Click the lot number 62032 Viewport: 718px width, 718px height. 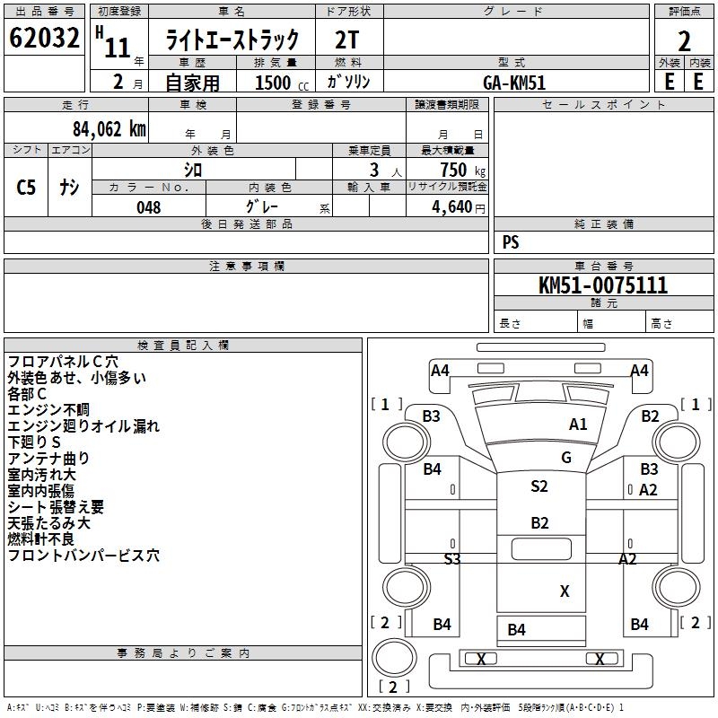pyautogui.click(x=44, y=40)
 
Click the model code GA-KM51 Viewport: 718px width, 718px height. pyautogui.click(x=514, y=83)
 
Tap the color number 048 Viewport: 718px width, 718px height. pyautogui.click(x=149, y=207)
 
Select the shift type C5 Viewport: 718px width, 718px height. pyautogui.click(x=27, y=188)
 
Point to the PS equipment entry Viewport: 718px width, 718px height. pyautogui.click(x=511, y=242)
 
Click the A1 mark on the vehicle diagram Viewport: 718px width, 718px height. pyautogui.click(x=578, y=425)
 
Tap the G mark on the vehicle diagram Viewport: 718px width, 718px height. pyautogui.click(x=566, y=458)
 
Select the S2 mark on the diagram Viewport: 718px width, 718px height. pyautogui.click(x=538, y=486)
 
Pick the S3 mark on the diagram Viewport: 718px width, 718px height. pyautogui.click(x=452, y=558)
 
